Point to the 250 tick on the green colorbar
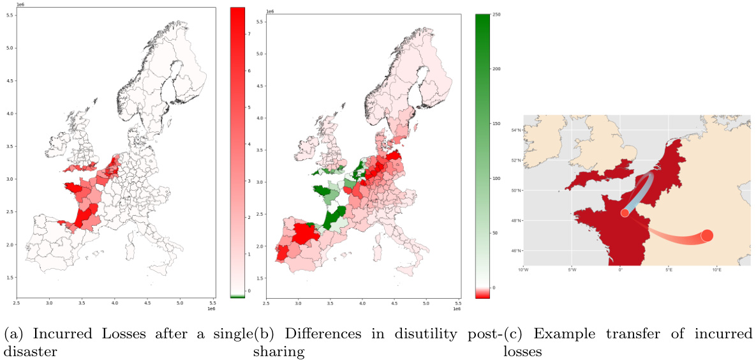pyautogui.click(x=496, y=13)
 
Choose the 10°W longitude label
pyautogui.click(x=523, y=270)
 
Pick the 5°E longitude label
pyautogui.click(x=668, y=270)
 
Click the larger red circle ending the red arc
pyautogui.click(x=707, y=236)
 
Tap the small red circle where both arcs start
pyautogui.click(x=625, y=213)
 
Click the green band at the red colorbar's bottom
pyautogui.click(x=237, y=296)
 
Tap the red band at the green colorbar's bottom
pyautogui.click(x=484, y=292)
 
